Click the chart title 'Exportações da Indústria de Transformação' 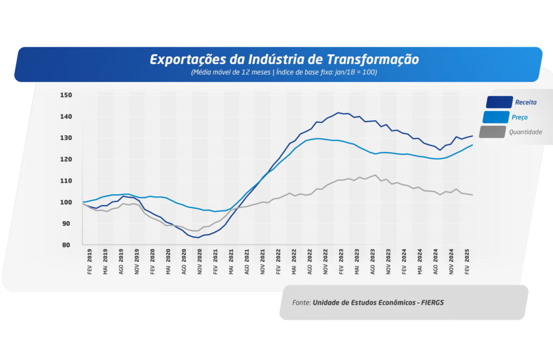[284, 60]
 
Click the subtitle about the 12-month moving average [284, 72]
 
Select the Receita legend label [526, 102]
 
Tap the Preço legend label [519, 117]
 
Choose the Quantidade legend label [525, 132]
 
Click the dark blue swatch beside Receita [499, 102]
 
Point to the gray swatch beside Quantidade [492, 132]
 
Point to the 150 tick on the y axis [66, 95]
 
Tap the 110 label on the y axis [66, 181]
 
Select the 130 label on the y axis [66, 138]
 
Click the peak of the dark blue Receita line [338, 113]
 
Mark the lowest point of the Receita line [198, 237]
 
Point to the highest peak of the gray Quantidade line [375, 175]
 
